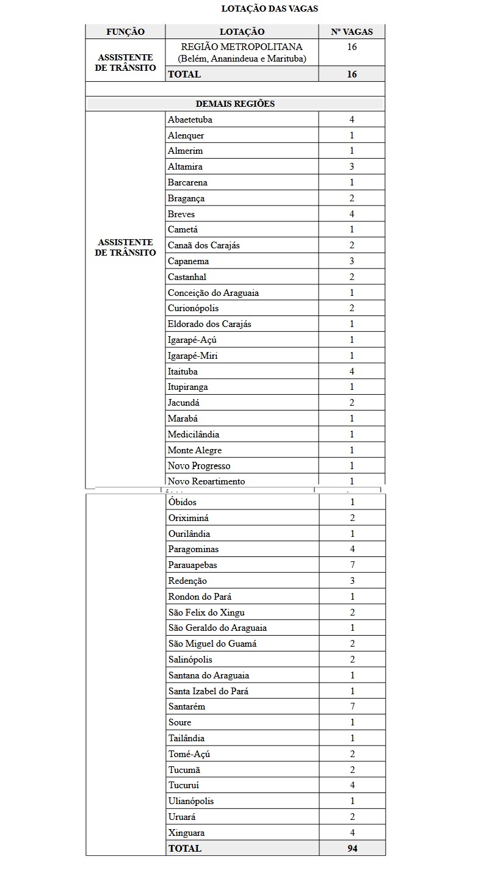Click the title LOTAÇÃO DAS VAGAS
(269, 9)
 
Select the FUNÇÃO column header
(125, 32)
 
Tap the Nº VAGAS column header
(352, 32)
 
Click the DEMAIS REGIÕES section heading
(235, 104)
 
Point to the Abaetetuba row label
(190, 120)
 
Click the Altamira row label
(185, 167)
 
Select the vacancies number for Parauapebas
(352, 565)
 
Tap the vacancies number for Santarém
(352, 706)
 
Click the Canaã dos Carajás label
(204, 245)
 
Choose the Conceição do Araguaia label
(213, 293)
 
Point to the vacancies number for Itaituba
(352, 372)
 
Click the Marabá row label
(183, 419)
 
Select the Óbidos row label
(183, 502)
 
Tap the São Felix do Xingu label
(206, 613)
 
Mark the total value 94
(352, 848)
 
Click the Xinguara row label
(186, 833)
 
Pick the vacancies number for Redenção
(352, 581)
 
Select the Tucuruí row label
(184, 785)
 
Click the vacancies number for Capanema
(352, 261)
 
